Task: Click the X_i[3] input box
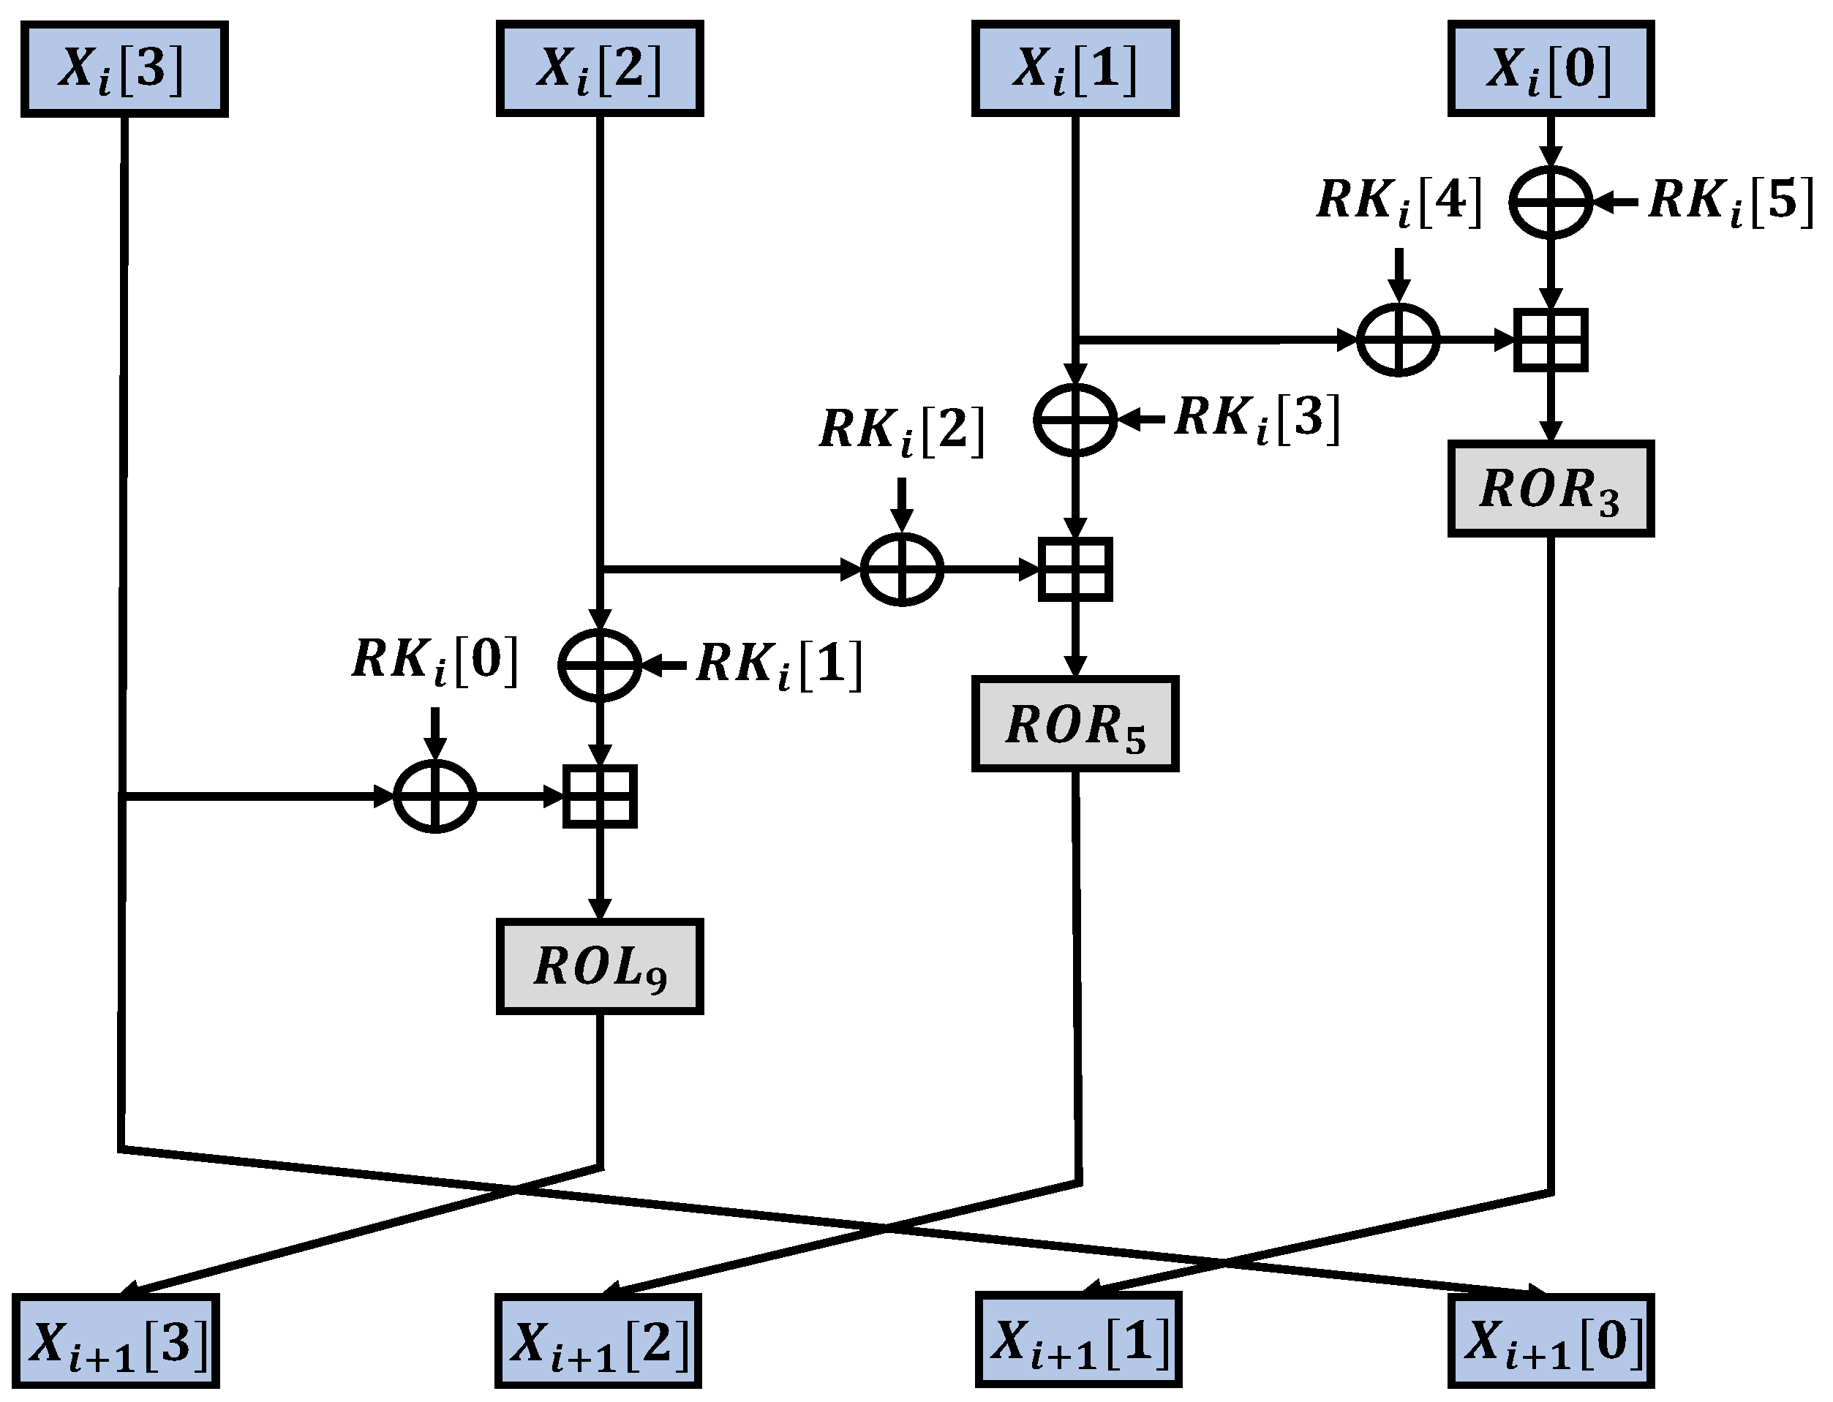(124, 69)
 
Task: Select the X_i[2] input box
(599, 69)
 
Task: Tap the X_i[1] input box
(1075, 69)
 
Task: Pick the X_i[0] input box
(1551, 69)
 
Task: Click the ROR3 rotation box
(1551, 489)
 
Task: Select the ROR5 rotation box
(1075, 723)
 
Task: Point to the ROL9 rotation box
(599, 966)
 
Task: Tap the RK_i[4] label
(1400, 203)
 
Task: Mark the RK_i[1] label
(779, 665)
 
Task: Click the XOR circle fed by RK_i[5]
(1551, 202)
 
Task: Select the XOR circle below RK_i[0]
(434, 796)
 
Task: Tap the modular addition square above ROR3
(1551, 339)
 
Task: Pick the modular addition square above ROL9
(599, 796)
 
